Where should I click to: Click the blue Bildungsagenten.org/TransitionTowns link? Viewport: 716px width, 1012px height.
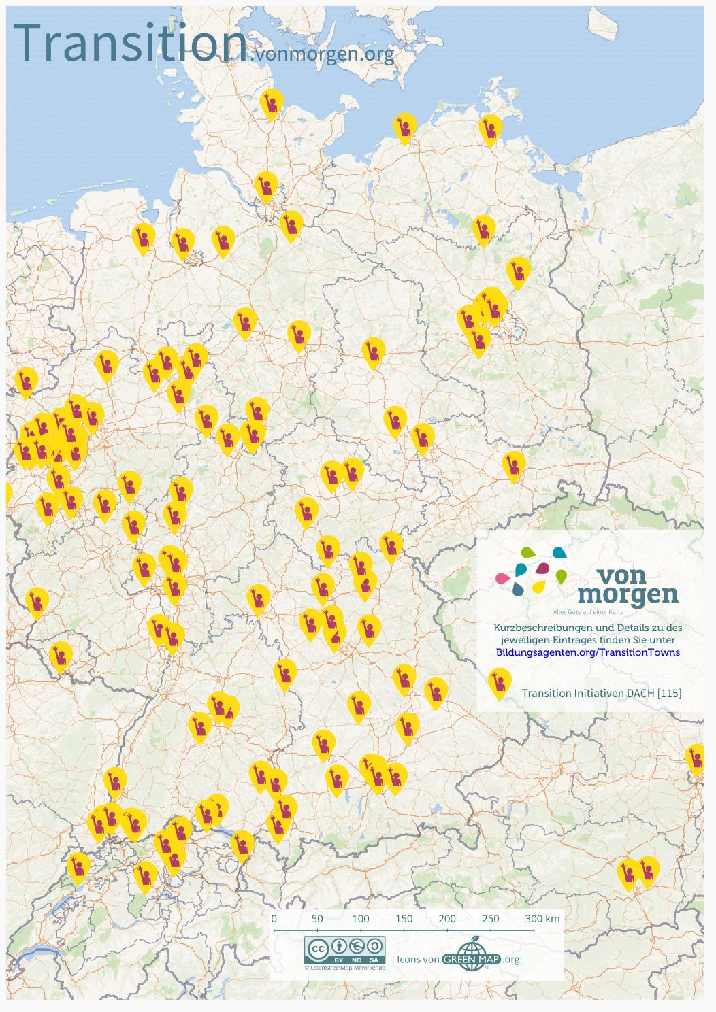pos(588,652)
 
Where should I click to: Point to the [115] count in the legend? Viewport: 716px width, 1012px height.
pos(670,693)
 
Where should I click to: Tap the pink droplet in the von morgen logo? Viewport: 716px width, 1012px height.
pos(502,578)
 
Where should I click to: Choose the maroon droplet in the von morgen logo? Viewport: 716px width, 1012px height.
pos(542,568)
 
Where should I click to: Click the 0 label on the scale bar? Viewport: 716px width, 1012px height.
pos(274,918)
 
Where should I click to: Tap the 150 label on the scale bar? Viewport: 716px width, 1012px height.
pos(404,918)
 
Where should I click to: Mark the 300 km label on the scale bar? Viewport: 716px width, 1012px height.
pos(542,918)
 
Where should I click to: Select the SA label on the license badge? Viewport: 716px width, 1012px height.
pos(374,960)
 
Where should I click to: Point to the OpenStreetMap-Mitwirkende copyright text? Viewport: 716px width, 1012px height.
pos(345,968)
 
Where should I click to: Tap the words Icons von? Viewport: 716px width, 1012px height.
pos(417,960)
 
